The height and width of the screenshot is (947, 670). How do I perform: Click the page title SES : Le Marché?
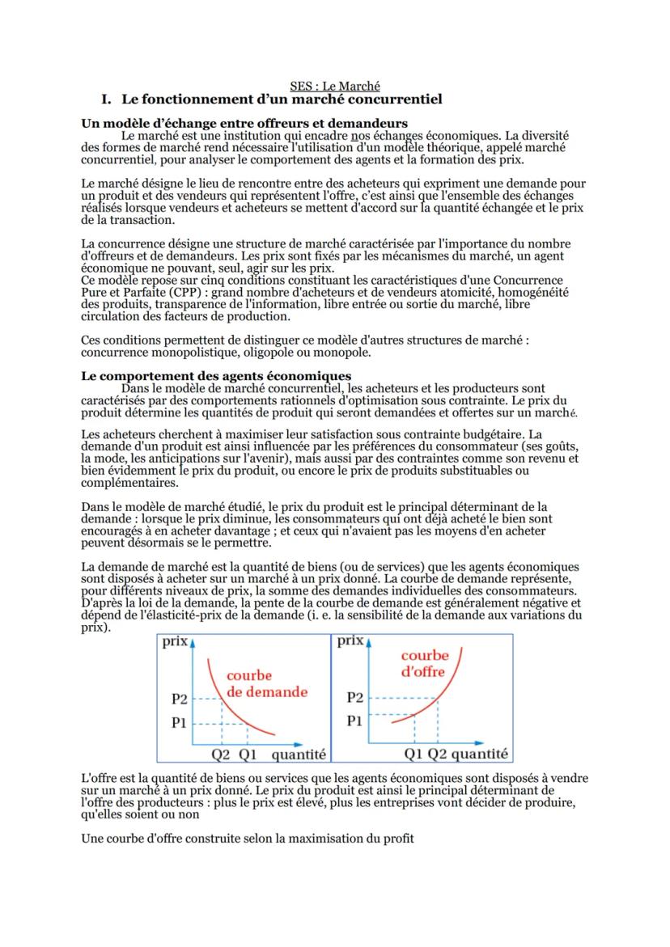(x=335, y=85)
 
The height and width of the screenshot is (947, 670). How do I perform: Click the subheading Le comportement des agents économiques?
(x=217, y=376)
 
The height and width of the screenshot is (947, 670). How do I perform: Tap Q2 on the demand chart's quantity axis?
(x=221, y=755)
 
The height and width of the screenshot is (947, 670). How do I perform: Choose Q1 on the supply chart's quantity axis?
(x=414, y=755)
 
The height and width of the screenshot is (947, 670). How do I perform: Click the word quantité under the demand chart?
(x=298, y=755)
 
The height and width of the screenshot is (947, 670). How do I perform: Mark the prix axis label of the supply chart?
(x=350, y=642)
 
